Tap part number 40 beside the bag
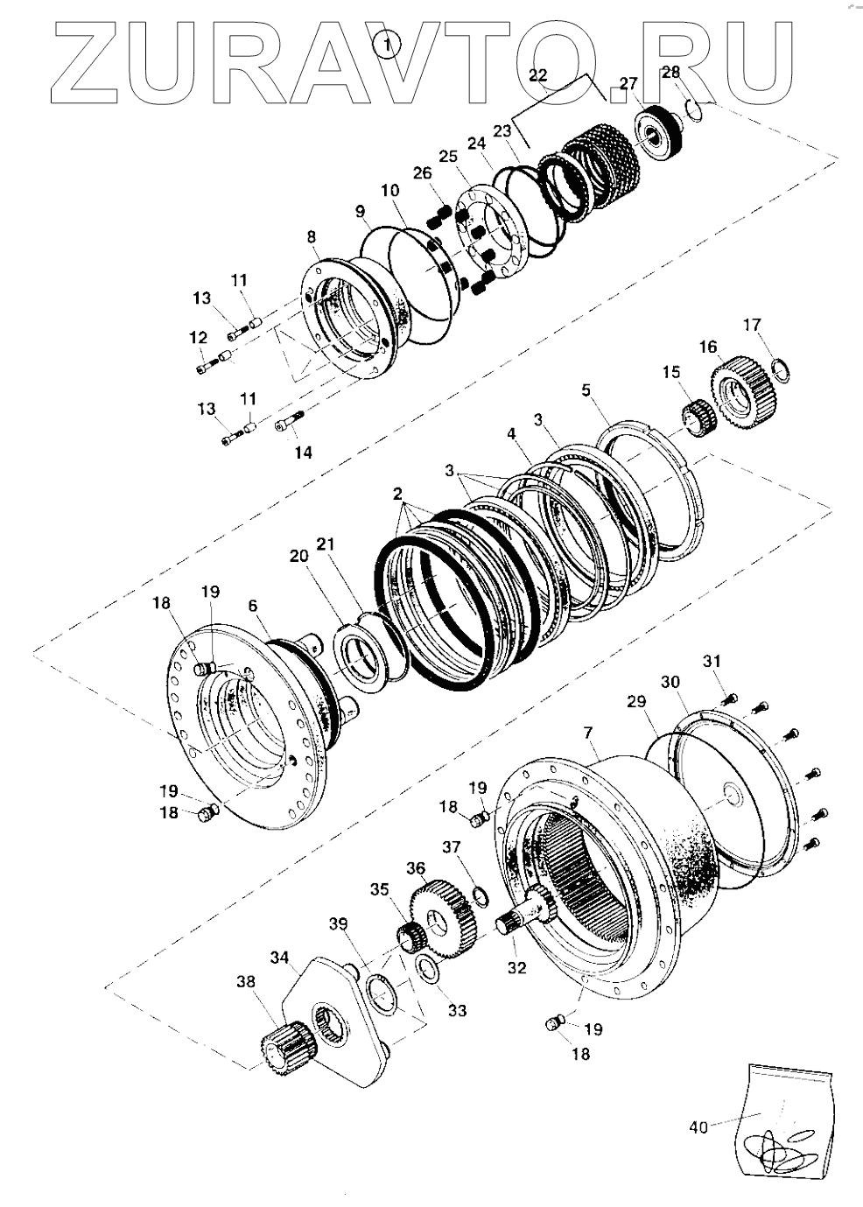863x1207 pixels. point(698,1127)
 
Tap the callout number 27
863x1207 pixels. point(629,84)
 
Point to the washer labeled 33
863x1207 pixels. point(428,970)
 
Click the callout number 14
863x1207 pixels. point(302,453)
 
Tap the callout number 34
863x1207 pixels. point(278,958)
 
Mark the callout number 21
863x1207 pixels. point(325,544)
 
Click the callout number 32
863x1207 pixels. point(517,967)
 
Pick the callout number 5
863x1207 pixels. point(586,390)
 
